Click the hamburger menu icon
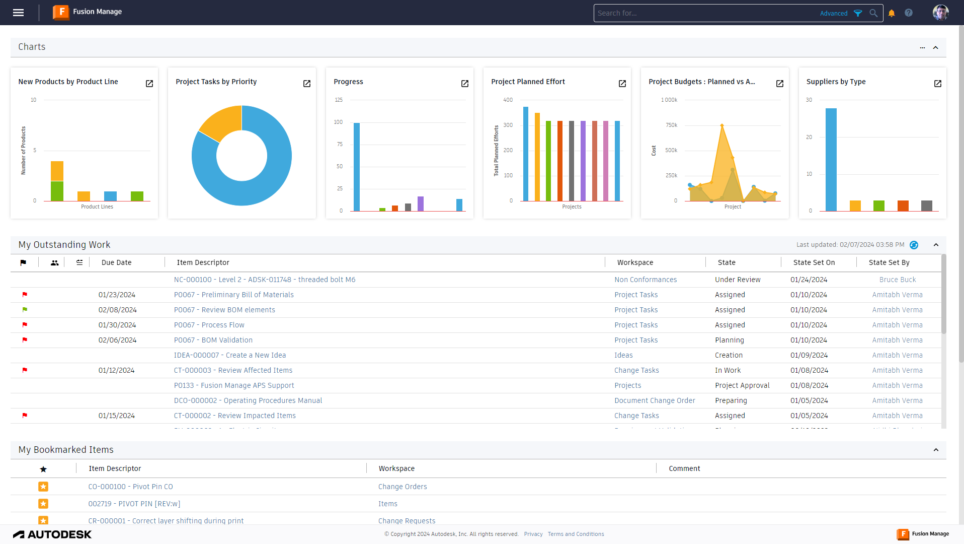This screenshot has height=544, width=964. pyautogui.click(x=19, y=13)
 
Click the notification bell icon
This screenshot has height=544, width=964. pyautogui.click(x=892, y=14)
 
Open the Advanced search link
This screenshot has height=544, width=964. pyautogui.click(x=834, y=14)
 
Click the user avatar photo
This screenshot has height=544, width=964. pyautogui.click(x=940, y=13)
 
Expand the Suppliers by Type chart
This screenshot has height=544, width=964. pyautogui.click(x=938, y=84)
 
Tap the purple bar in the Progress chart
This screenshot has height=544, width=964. pyautogui.click(x=421, y=203)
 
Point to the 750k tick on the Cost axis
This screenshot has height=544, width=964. pyautogui.click(x=672, y=125)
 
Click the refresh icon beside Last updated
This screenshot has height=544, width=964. pyautogui.click(x=914, y=245)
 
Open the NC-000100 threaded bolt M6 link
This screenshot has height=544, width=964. pyautogui.click(x=265, y=280)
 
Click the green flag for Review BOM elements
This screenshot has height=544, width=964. pyautogui.click(x=25, y=310)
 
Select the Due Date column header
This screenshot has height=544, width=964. pyautogui.click(x=116, y=262)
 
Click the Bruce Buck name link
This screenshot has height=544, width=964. pyautogui.click(x=898, y=280)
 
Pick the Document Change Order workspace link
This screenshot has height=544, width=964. pyautogui.click(x=655, y=400)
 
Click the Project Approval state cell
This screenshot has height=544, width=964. pyautogui.click(x=742, y=385)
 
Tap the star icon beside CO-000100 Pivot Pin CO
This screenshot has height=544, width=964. pyautogui.click(x=43, y=487)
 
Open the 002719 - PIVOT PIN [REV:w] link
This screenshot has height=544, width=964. pyautogui.click(x=134, y=504)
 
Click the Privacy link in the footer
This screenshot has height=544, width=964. pyautogui.click(x=533, y=534)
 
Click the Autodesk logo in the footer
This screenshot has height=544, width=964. pyautogui.click(x=52, y=534)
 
